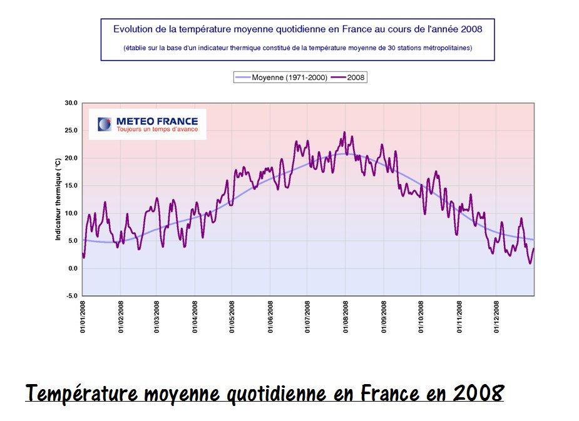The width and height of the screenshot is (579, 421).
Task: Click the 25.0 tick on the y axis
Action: pos(71,131)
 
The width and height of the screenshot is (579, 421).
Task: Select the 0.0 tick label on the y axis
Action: pos(72,268)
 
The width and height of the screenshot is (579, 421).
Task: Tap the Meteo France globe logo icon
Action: pos(105,124)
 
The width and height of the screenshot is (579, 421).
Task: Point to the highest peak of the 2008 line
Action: pos(344,133)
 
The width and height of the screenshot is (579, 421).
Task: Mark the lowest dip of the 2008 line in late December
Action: pos(530,263)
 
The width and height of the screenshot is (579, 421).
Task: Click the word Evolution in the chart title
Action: pos(133,29)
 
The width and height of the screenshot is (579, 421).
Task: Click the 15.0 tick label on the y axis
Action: pos(71,186)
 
